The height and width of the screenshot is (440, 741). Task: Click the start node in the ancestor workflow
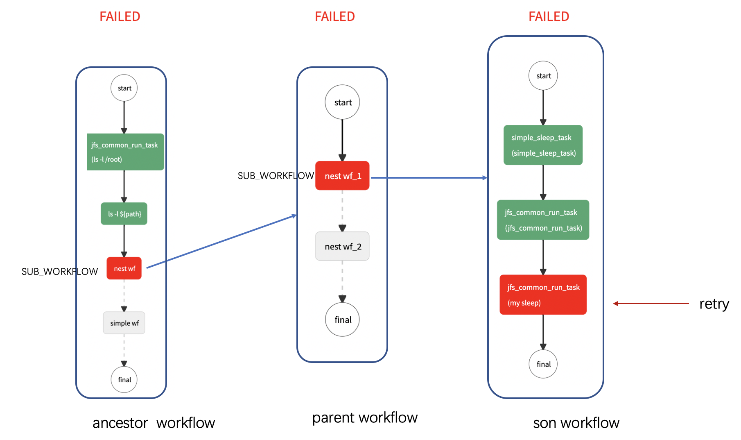click(x=124, y=88)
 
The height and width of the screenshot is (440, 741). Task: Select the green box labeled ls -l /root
click(x=125, y=152)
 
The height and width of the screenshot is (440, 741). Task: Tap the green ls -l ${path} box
click(x=124, y=213)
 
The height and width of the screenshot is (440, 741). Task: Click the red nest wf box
click(x=124, y=268)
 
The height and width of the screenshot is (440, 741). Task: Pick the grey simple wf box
click(x=124, y=323)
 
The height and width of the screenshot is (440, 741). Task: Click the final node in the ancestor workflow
click(x=124, y=379)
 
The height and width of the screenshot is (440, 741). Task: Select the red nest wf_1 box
click(x=342, y=176)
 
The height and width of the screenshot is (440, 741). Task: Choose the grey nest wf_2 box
click(x=342, y=246)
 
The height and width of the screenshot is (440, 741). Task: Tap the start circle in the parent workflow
click(x=342, y=102)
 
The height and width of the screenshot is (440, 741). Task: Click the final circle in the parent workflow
click(x=342, y=320)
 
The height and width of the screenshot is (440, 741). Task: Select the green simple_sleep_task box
click(x=543, y=145)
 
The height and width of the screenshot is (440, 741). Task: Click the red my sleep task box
click(x=543, y=295)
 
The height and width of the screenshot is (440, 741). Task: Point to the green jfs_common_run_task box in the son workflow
click(x=543, y=220)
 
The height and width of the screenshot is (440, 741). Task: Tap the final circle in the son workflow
click(x=543, y=364)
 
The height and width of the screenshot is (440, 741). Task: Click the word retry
click(x=714, y=304)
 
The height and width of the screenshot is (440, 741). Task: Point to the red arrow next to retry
click(x=651, y=304)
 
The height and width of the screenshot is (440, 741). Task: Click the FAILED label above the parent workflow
click(x=334, y=16)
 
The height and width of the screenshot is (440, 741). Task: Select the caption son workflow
click(x=576, y=423)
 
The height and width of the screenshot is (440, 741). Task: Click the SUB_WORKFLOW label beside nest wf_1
click(x=276, y=176)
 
